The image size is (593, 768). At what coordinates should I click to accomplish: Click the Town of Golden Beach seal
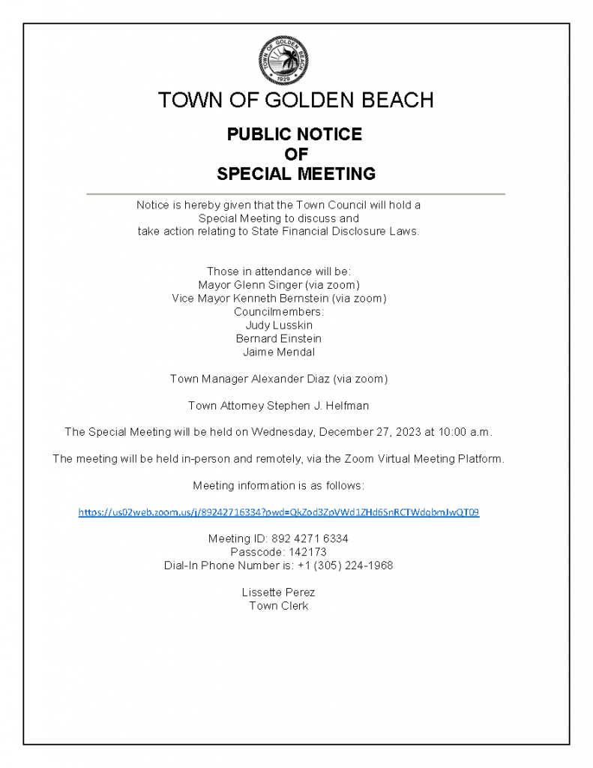click(283, 60)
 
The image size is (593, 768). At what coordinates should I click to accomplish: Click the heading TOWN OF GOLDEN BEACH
click(295, 100)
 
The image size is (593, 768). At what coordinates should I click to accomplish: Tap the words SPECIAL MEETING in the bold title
click(295, 174)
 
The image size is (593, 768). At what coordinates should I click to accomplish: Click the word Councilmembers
click(279, 312)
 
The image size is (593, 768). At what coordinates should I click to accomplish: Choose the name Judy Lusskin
click(279, 325)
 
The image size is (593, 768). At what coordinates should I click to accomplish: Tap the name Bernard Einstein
click(279, 339)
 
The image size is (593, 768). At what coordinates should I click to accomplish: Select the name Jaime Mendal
click(279, 352)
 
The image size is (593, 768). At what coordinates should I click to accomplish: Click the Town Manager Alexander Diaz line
click(279, 379)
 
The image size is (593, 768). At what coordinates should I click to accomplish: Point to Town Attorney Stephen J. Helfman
click(279, 406)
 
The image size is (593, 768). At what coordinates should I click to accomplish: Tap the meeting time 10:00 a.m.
click(470, 432)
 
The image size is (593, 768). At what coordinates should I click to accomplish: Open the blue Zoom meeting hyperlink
click(279, 513)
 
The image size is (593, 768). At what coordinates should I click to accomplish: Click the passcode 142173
click(310, 552)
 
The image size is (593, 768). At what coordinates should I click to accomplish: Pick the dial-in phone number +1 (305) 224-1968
click(344, 565)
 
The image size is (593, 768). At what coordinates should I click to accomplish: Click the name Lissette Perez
click(279, 592)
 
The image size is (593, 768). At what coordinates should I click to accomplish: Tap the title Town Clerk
click(279, 606)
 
